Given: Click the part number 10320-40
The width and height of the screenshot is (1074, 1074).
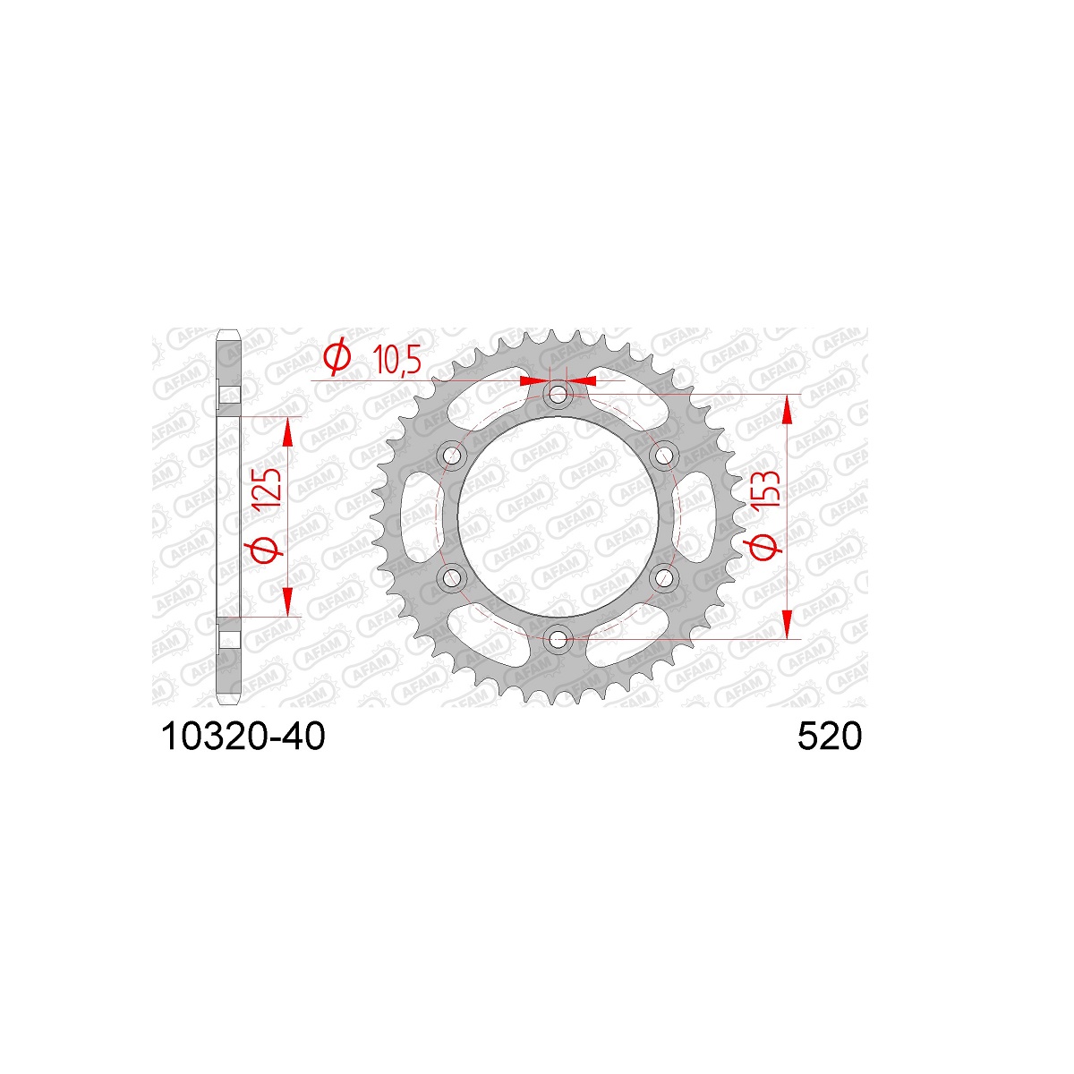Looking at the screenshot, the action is click(243, 737).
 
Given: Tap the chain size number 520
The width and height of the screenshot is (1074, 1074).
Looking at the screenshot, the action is click(830, 737).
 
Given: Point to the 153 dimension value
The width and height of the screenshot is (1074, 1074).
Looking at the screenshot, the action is click(764, 489).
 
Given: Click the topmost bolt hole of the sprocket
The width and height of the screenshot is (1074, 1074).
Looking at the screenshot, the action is click(558, 396).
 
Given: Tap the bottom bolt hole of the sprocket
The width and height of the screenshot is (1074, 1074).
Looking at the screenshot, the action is click(558, 638).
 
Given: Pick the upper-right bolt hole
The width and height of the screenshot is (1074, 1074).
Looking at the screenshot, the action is click(663, 456).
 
